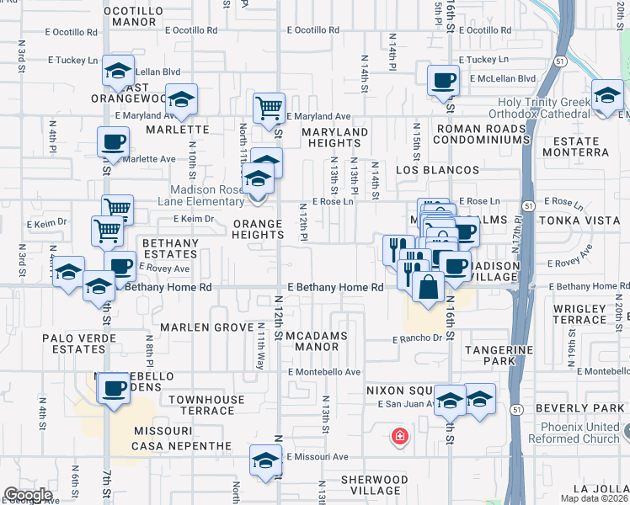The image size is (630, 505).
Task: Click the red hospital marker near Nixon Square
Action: coord(400,437)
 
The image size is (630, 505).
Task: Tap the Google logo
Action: coord(28,495)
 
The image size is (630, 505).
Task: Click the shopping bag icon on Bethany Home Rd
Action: coord(428,286)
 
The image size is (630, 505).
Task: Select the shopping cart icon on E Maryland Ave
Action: coord(269,107)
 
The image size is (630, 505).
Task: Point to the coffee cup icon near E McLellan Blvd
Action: coord(443,81)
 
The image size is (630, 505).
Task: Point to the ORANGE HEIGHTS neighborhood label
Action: coord(258,230)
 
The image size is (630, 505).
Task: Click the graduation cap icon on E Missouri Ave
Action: coord(265,460)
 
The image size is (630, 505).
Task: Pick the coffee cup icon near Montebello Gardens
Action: coord(113,389)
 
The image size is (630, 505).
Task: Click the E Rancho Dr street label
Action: coord(417,339)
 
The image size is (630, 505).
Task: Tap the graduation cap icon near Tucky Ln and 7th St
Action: coord(119,71)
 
